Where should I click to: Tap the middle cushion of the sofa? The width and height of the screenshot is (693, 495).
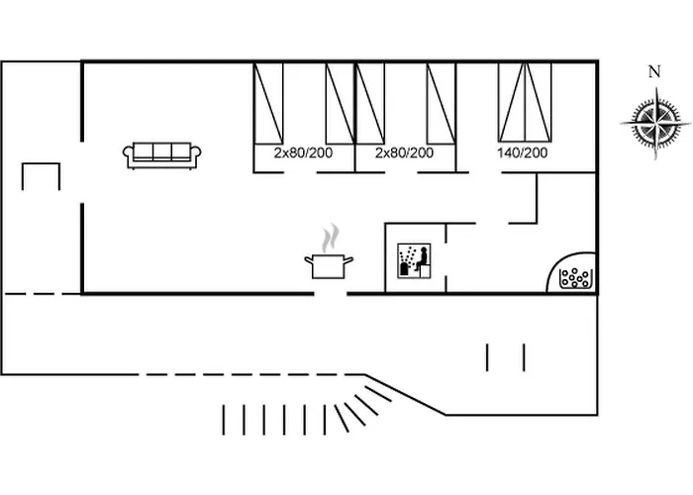click(162, 150)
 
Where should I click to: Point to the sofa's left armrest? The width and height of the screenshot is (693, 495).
click(128, 152)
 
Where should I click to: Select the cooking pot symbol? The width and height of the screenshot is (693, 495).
click(329, 265)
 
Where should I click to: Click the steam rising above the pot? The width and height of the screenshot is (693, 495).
click(331, 239)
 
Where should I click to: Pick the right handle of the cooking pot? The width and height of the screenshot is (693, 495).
click(351, 259)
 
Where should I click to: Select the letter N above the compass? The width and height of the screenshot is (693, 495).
click(653, 71)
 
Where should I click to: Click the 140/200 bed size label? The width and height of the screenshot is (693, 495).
click(522, 152)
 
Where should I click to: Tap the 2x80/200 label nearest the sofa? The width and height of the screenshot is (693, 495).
click(302, 152)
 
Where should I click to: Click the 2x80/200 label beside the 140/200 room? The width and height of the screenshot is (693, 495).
click(404, 152)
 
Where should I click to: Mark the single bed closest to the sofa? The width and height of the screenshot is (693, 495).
click(269, 102)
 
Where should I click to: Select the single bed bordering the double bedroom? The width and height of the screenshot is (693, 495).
click(442, 102)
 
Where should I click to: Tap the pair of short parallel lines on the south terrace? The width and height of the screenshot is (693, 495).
click(505, 356)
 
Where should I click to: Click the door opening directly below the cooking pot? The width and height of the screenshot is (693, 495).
click(331, 293)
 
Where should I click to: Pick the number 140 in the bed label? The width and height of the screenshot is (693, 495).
click(508, 152)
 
